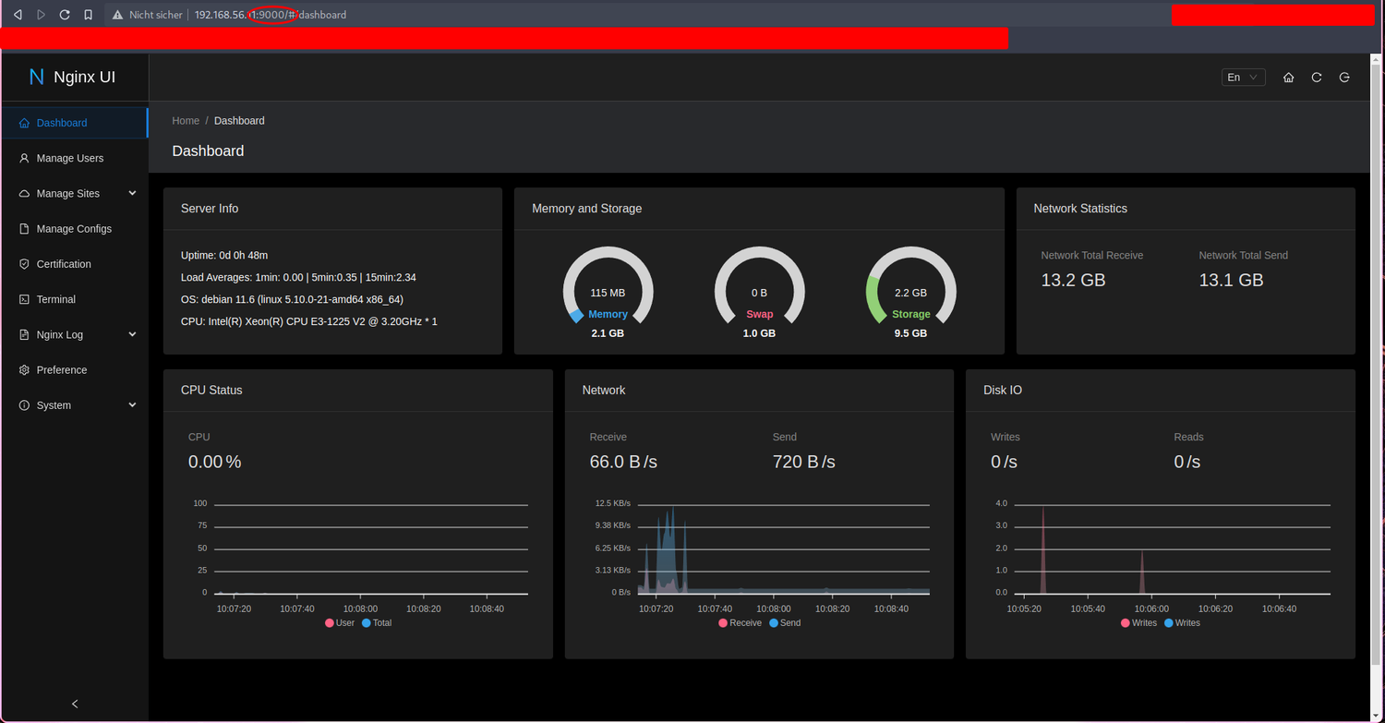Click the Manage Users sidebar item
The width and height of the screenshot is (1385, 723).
(x=69, y=158)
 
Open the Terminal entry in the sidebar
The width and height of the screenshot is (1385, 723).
(x=55, y=299)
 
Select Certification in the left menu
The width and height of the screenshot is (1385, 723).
(x=63, y=264)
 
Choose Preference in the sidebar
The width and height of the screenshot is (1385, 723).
(x=61, y=370)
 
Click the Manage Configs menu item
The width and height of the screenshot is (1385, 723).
(x=73, y=229)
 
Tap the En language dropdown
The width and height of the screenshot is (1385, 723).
(x=1243, y=78)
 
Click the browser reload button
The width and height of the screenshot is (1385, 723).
(x=65, y=15)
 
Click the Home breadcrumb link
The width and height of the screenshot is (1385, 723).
(x=186, y=121)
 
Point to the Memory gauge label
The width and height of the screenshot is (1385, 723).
(x=608, y=314)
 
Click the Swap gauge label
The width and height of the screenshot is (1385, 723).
(x=759, y=314)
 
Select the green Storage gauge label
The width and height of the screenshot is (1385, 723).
(x=910, y=314)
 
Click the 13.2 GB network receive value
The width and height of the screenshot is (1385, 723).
(x=1073, y=280)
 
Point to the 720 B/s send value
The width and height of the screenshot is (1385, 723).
(x=803, y=462)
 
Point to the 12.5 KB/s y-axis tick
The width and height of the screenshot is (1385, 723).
(x=613, y=503)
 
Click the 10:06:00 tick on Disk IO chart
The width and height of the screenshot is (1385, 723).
(x=1151, y=609)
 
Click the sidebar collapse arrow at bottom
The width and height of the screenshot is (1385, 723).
(x=75, y=704)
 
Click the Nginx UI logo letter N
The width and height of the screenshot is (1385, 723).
(x=37, y=78)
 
